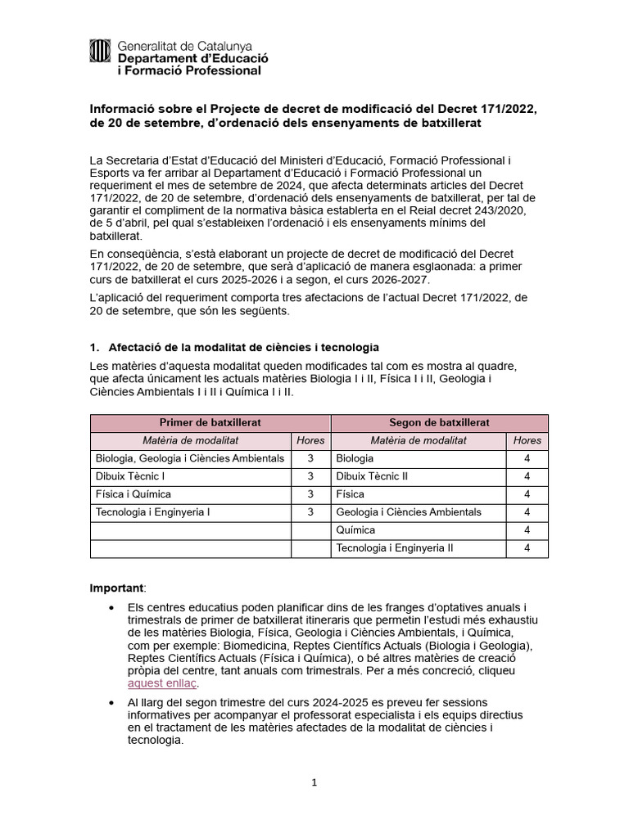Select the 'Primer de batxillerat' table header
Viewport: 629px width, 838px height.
tap(209, 422)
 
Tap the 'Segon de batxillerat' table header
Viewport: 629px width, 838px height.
tap(439, 422)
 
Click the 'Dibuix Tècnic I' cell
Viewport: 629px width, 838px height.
tap(130, 476)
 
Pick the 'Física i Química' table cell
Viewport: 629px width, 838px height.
tap(133, 494)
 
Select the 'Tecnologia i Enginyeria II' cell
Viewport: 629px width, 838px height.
tap(394, 548)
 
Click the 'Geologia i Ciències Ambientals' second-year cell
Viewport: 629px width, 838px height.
tap(409, 512)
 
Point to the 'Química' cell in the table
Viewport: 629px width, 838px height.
tap(355, 530)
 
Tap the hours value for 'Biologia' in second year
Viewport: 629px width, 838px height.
tap(527, 458)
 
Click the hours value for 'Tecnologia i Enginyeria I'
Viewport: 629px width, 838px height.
tap(310, 512)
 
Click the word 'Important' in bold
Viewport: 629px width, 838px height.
tap(116, 588)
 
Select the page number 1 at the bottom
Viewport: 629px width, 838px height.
tap(314, 782)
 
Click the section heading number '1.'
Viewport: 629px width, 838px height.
tap(93, 348)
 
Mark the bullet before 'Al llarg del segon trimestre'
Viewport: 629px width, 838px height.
tap(111, 703)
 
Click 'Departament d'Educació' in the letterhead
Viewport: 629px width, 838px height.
tap(192, 58)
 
